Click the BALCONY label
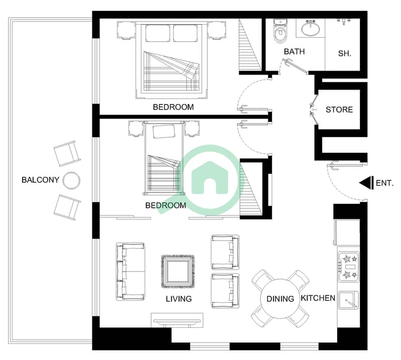point(41,180)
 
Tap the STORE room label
point(339,110)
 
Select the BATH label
point(294,51)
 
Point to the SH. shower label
point(344,54)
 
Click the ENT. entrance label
point(384,183)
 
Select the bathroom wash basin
point(311,28)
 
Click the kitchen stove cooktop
point(349,267)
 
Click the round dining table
point(280,299)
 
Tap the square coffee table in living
point(178,271)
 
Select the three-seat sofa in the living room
point(130,272)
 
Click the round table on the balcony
point(71,181)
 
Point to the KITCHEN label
point(318,298)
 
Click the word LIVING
point(179,299)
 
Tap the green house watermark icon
point(209,178)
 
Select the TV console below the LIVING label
point(177,320)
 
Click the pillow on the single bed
point(164,132)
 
